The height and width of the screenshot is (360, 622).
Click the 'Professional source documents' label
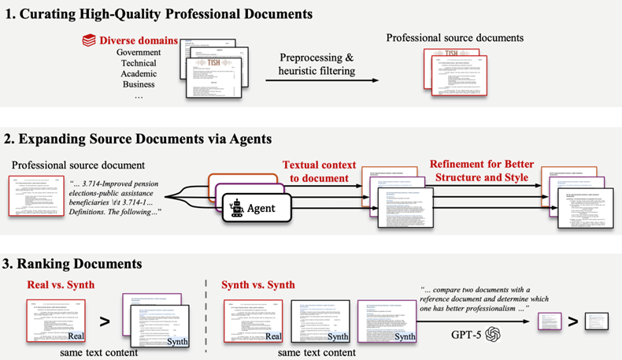coord(454,38)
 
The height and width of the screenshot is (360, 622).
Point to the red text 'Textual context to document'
coord(315,170)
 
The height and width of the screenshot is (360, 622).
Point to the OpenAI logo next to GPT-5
coord(493,334)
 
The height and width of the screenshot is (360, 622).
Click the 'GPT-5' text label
coord(465,334)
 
